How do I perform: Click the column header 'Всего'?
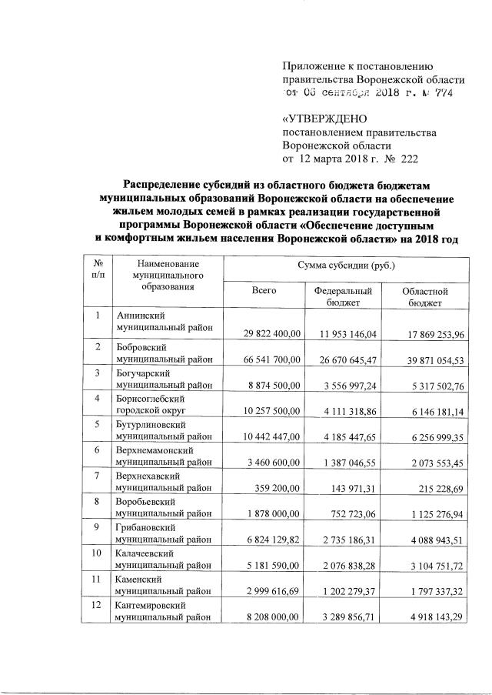click(263, 290)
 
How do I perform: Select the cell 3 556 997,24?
click(348, 385)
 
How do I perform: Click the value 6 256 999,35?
click(432, 437)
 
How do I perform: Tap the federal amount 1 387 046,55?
click(348, 463)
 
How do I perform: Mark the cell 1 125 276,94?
click(432, 516)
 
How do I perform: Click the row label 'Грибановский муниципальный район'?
click(163, 536)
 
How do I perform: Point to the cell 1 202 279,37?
click(348, 594)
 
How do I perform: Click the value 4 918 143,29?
click(432, 620)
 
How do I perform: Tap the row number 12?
click(97, 608)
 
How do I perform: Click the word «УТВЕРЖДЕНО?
click(326, 119)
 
